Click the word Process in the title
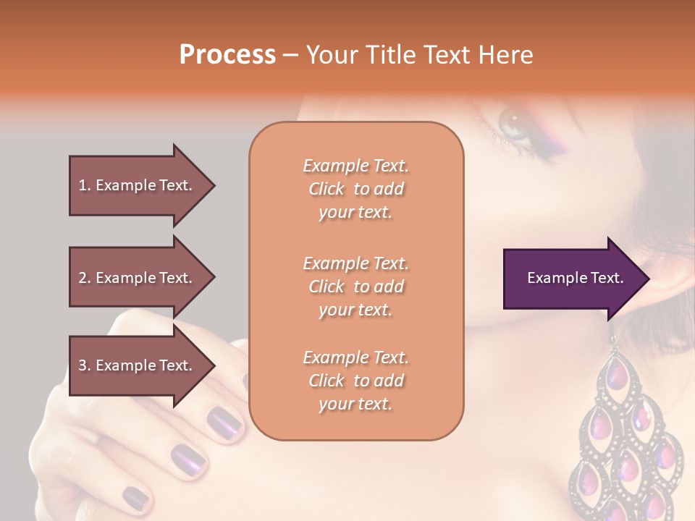pos(227,55)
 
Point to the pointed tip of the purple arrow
pos(648,279)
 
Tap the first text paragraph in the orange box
pos(355,189)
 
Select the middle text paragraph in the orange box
pos(355,287)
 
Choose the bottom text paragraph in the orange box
pos(355,381)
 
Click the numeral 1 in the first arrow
pos(83,185)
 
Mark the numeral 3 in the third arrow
pos(83,365)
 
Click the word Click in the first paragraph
pos(327,189)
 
